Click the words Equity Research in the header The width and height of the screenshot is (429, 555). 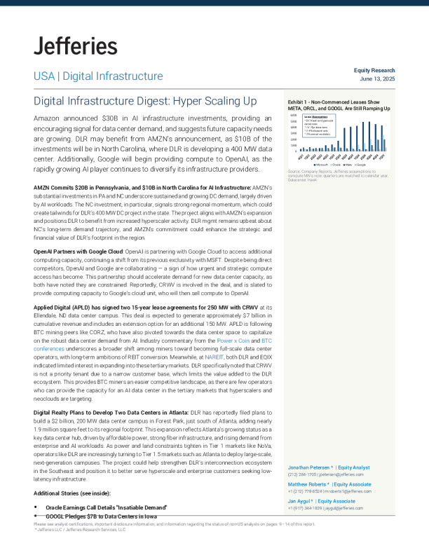point(374,71)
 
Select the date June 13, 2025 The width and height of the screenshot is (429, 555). point(377,79)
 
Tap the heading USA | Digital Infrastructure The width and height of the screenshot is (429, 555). point(98,76)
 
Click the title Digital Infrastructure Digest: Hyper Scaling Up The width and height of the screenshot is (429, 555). point(145,102)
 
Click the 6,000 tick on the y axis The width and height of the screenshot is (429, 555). point(294,116)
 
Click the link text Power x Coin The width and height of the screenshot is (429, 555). point(233,341)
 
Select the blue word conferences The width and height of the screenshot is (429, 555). point(49,348)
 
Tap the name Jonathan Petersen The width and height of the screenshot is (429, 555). point(311,467)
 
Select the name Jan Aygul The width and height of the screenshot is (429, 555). point(299,501)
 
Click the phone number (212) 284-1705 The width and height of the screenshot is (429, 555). point(301,474)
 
